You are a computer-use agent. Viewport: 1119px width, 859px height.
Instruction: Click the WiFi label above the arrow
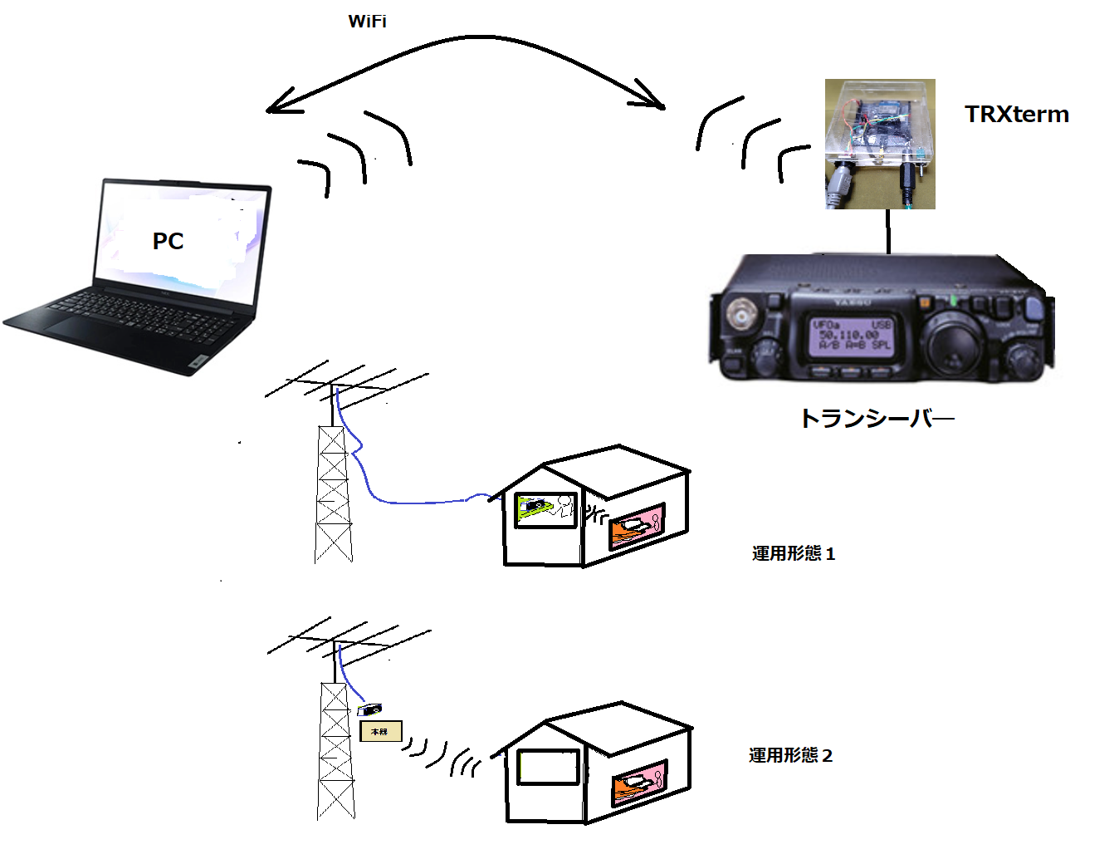[x=367, y=22]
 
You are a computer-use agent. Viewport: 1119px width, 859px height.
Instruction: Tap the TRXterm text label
[x=1016, y=115]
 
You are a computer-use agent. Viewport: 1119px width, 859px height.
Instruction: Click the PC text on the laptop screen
[x=168, y=241]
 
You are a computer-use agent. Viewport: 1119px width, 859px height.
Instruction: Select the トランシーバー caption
[x=876, y=418]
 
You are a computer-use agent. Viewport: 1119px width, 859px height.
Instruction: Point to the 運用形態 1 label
[x=793, y=553]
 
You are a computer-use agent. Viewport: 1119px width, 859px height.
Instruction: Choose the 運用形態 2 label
[x=790, y=755]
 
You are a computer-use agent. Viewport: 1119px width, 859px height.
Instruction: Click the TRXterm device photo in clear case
[x=880, y=143]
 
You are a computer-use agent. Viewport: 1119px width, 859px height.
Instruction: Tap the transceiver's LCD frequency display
[x=852, y=336]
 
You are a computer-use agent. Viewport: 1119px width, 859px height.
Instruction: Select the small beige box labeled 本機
[x=380, y=731]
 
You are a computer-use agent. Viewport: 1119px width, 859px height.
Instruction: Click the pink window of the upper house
[x=638, y=527]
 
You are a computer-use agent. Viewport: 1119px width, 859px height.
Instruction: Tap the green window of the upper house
[x=545, y=508]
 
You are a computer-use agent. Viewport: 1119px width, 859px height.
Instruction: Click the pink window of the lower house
[x=639, y=783]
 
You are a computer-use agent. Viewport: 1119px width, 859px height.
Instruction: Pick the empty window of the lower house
[x=548, y=767]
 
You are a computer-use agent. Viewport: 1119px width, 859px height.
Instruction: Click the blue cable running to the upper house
[x=415, y=502]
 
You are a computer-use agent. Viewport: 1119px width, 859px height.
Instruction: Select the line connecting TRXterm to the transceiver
[x=888, y=231]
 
